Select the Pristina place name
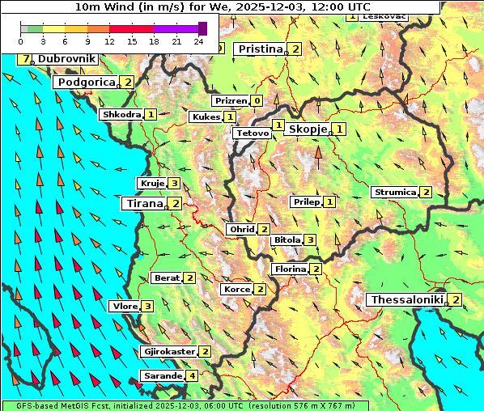coord(260,49)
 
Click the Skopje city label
coord(308,129)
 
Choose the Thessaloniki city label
coord(406,300)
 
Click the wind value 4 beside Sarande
coord(192,376)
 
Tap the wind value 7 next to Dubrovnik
coord(27,59)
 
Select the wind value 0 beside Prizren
coord(257,101)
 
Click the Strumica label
coord(394,192)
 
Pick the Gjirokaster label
coord(168,351)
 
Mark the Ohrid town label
coord(241,230)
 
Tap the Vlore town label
coord(124,306)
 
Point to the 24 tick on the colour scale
coord(198,40)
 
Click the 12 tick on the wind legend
coord(109,40)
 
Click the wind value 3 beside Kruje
coord(176,184)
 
